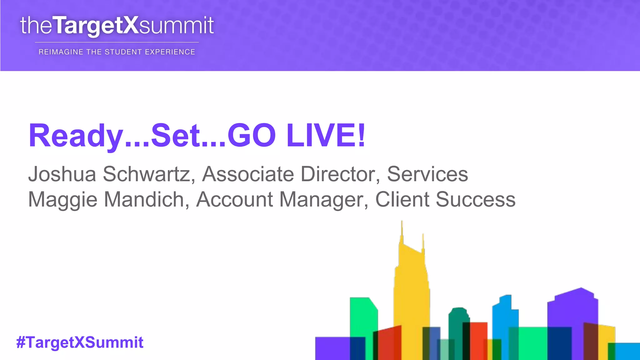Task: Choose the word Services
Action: [427, 174]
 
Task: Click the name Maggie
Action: [62, 199]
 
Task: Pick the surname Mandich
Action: [146, 199]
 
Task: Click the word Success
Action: [476, 199]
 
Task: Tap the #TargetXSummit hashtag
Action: [80, 342]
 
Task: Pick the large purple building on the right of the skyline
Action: [572, 309]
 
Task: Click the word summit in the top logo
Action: [176, 25]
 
